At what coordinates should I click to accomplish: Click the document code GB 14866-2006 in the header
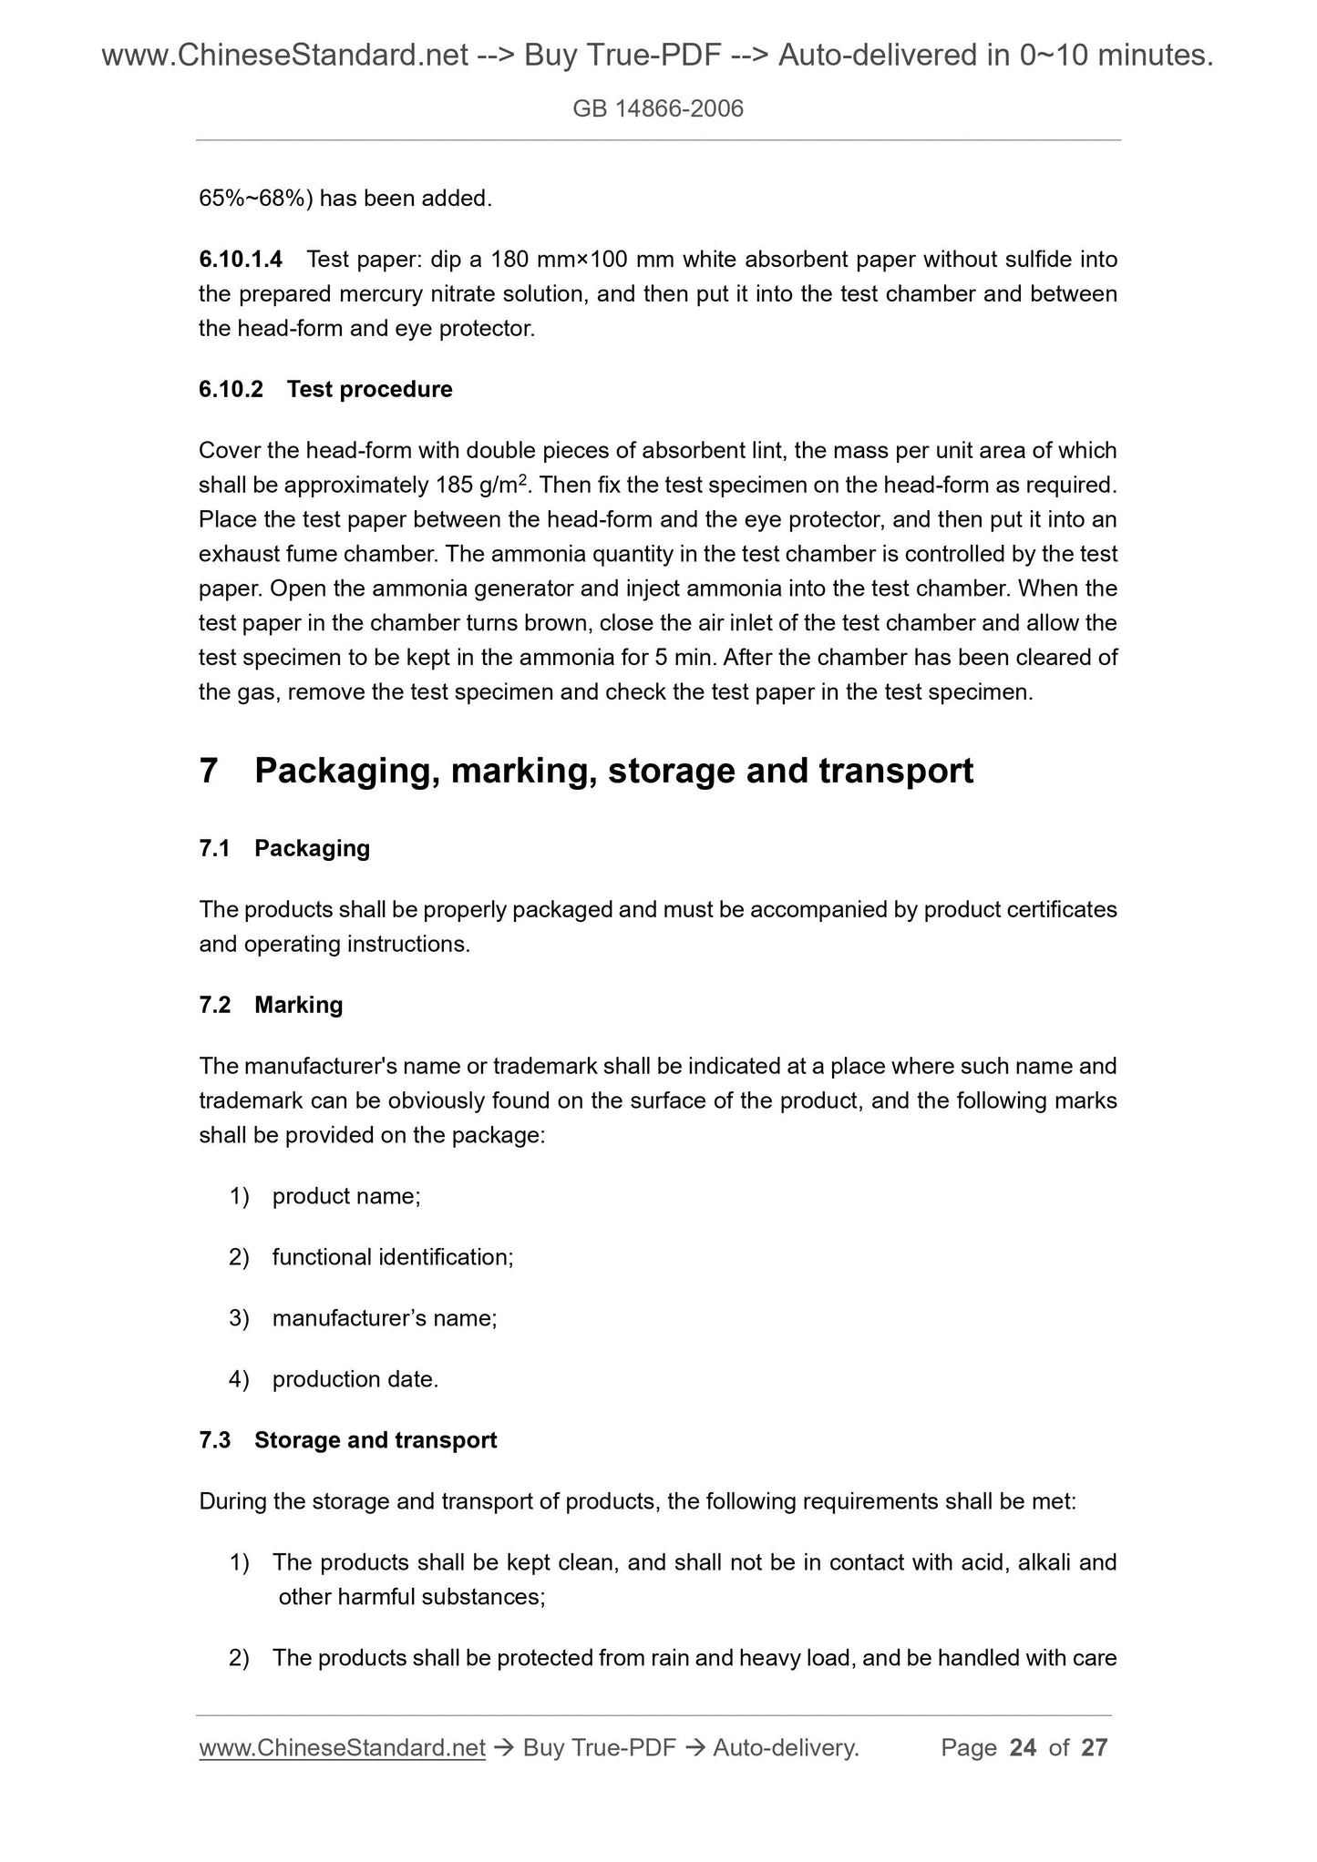pos(658,109)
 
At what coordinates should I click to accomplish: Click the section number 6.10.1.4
pos(241,260)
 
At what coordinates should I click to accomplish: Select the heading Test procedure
pos(369,389)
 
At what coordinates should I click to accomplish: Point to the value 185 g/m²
pos(478,485)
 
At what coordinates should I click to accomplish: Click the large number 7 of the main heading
pos(209,771)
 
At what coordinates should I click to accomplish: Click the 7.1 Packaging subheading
pos(284,848)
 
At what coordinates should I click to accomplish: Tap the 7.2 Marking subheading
pos(271,1005)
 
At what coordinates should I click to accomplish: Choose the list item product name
pos(345,1196)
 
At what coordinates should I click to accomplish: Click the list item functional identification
pos(392,1257)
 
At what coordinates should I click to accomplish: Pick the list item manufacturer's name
pos(384,1318)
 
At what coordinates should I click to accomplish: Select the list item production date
pos(355,1379)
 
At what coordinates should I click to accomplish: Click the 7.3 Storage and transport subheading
pos(347,1440)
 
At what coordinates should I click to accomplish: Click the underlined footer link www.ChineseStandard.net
pos(341,1747)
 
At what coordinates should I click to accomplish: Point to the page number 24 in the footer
pos(1023,1747)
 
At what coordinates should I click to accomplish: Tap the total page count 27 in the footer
pos(1094,1747)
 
